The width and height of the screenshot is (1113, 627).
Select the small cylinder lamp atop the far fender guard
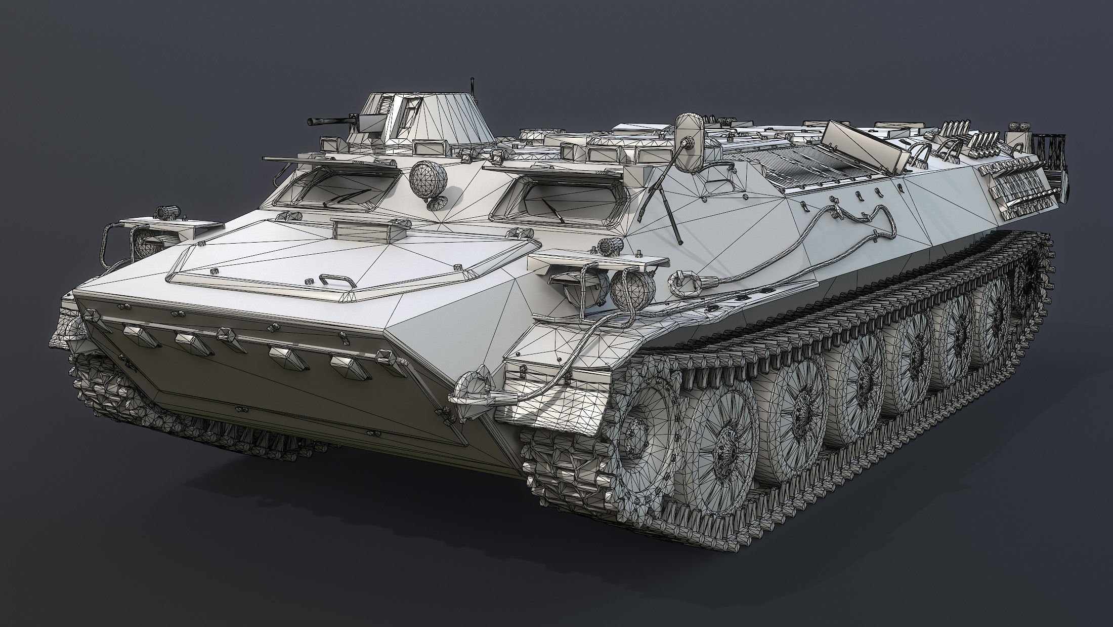pyautogui.click(x=164, y=212)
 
